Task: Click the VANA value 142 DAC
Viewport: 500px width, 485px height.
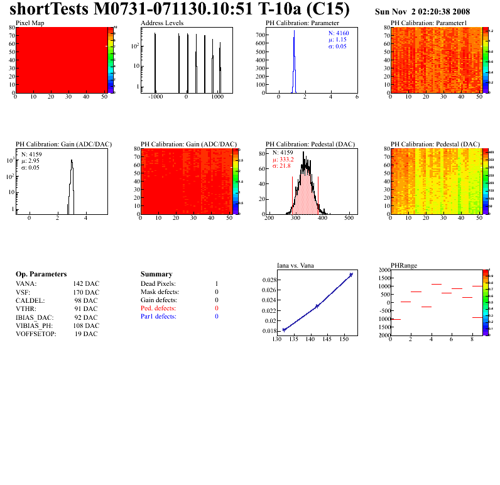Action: [86, 284]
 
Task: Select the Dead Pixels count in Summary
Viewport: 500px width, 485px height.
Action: [216, 284]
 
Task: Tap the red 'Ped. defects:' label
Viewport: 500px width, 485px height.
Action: [158, 308]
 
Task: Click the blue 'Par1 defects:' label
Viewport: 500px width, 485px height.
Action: [158, 317]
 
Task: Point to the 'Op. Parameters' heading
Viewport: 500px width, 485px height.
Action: [41, 275]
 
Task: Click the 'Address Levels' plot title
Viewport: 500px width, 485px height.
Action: [162, 23]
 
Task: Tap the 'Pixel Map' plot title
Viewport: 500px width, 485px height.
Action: [30, 23]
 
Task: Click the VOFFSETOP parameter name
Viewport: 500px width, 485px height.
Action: [36, 334]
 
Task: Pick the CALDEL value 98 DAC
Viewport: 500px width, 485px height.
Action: [86, 300]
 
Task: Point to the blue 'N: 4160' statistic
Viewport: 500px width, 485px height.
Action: [340, 33]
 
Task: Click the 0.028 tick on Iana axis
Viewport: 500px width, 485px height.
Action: [269, 280]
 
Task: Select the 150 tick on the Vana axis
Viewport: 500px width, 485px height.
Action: [344, 339]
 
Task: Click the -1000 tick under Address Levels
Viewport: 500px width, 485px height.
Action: [155, 97]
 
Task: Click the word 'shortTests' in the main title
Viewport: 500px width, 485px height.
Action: [46, 9]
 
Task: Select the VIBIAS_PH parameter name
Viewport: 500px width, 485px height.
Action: [35, 325]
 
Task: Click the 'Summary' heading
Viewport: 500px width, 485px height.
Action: [156, 275]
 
